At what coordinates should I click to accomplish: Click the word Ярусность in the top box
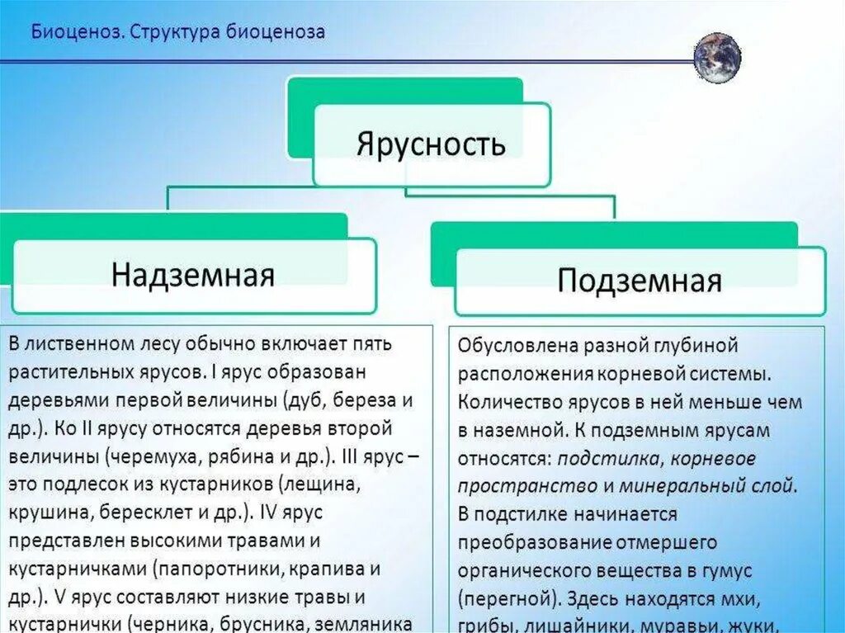click(x=431, y=144)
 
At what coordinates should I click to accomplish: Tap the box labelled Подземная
click(x=640, y=281)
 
